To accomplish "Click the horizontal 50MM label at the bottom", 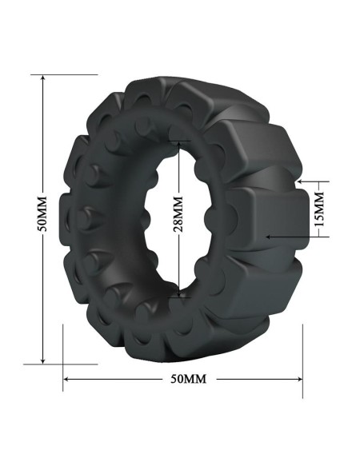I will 184,378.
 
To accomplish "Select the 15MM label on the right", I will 319,210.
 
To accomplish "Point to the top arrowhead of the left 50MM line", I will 43,78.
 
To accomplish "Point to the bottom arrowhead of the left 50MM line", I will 43,361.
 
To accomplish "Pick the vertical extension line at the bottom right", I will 302,360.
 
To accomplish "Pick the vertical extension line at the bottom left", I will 62,352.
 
